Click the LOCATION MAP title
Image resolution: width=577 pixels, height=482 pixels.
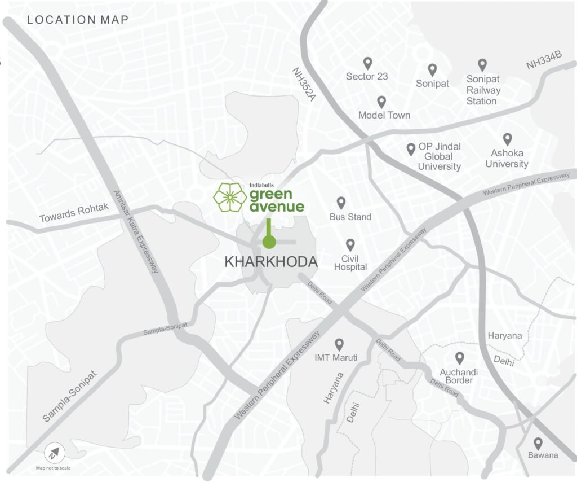pos(78,20)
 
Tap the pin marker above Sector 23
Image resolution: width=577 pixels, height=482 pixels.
pos(367,63)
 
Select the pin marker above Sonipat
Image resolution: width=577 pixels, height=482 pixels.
pos(432,69)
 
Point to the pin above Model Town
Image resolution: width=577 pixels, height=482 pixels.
pos(381,102)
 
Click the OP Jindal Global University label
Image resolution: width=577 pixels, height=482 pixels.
pos(439,156)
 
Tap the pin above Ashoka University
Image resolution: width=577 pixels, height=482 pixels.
pos(507,139)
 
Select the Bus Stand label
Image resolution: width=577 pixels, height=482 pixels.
pos(350,217)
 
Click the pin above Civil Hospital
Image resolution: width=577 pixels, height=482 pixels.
pos(350,244)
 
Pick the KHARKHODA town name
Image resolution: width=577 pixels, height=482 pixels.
pos(271,262)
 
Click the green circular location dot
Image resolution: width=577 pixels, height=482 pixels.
pos(269,243)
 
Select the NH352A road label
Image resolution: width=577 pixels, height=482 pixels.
pos(303,85)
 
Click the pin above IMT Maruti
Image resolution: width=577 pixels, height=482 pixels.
pos(339,344)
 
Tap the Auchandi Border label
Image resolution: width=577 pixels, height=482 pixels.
pos(459,376)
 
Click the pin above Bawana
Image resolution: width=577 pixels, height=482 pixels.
pos(538,443)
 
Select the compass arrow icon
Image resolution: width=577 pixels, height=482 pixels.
pos(55,453)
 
